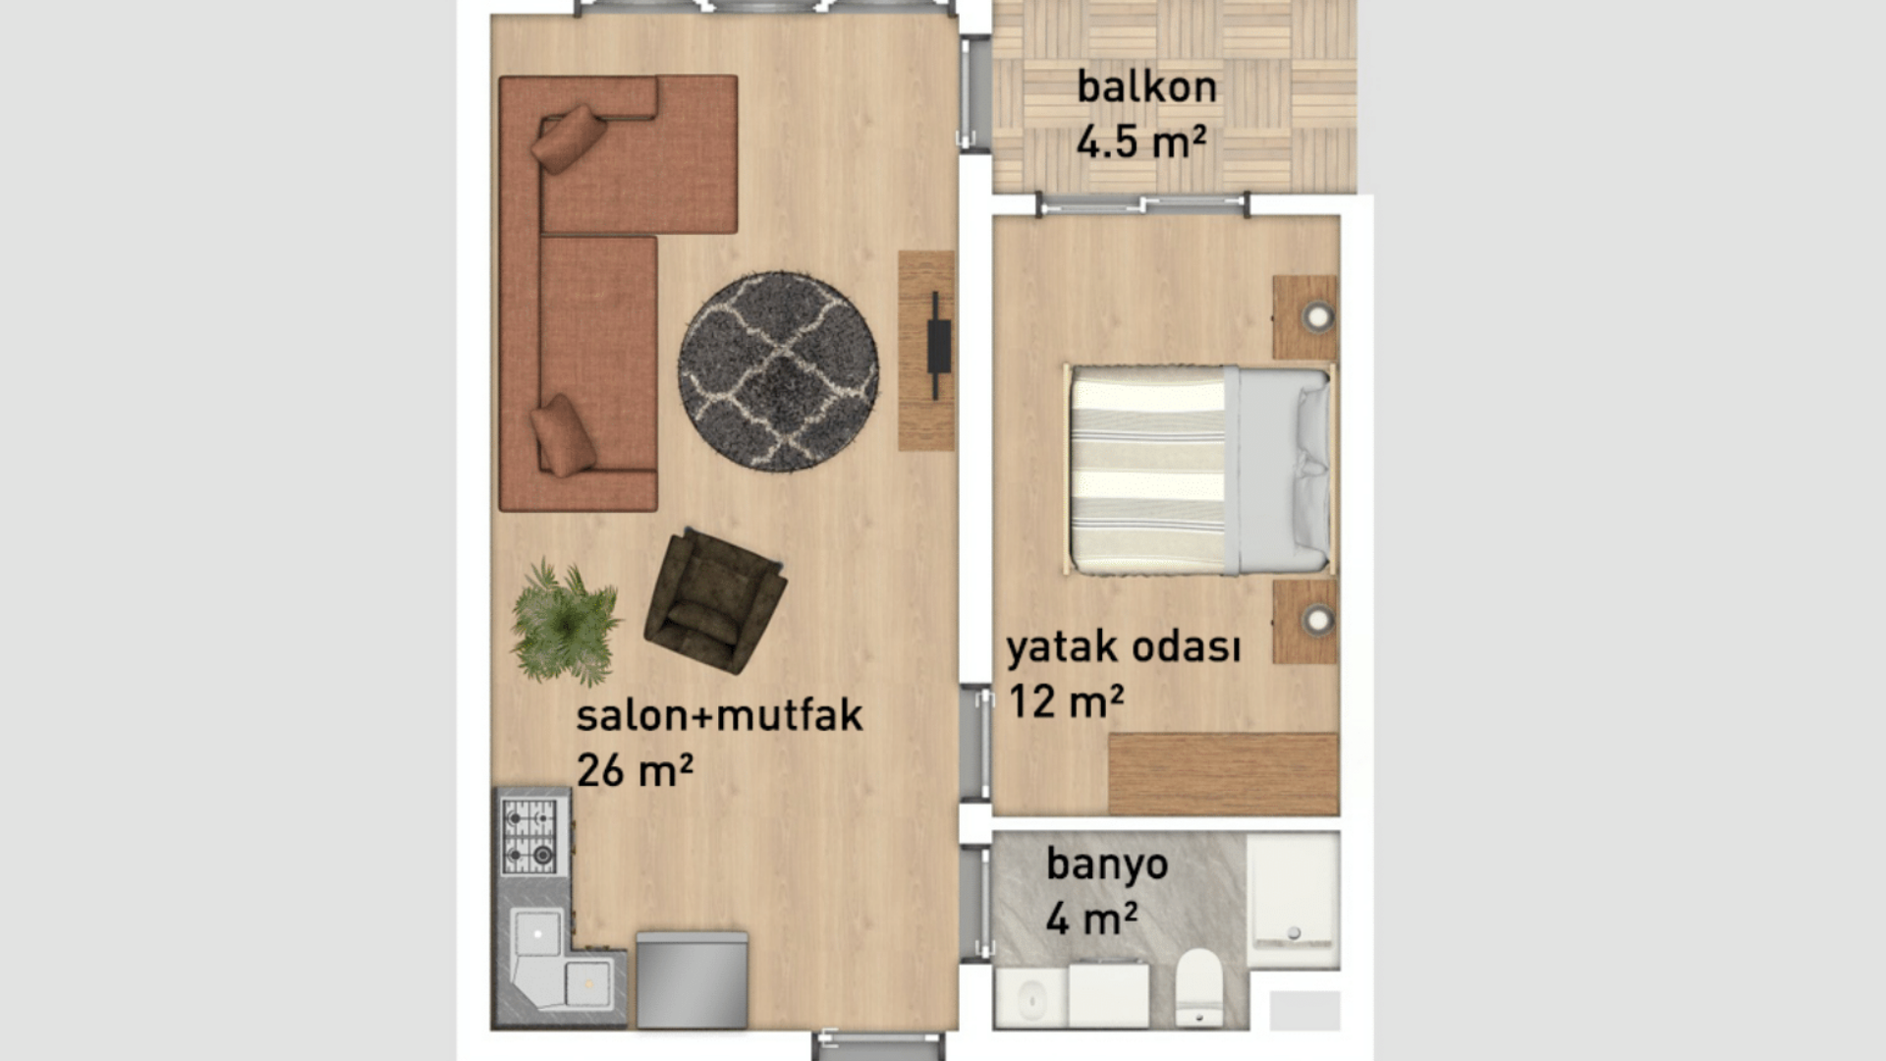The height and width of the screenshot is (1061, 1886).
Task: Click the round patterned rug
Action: click(x=778, y=372)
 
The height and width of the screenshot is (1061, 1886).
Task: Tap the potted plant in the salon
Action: click(x=565, y=622)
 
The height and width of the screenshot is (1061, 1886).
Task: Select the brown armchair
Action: click(x=714, y=600)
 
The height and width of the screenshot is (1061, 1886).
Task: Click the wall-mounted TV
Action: click(x=938, y=346)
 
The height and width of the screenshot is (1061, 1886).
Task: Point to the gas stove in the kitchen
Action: click(x=529, y=836)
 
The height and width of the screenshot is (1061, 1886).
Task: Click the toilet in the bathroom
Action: click(x=1198, y=986)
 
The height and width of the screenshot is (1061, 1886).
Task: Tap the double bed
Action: click(x=1199, y=470)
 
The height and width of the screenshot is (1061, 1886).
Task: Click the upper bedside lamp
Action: click(x=1316, y=316)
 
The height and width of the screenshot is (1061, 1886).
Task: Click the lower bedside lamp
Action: click(x=1316, y=620)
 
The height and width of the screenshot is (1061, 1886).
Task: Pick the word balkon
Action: click(x=1146, y=86)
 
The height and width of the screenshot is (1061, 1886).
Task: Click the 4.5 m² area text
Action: click(x=1140, y=141)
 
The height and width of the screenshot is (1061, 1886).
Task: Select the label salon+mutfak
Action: click(x=719, y=714)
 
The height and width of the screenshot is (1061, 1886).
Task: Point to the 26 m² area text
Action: click(x=635, y=770)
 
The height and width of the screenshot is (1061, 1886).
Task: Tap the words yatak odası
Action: click(x=1123, y=647)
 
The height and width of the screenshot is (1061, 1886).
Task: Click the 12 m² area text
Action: click(x=1066, y=701)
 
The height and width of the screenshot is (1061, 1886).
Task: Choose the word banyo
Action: click(x=1107, y=865)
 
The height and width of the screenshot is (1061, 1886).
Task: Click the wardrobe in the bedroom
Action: click(x=1224, y=774)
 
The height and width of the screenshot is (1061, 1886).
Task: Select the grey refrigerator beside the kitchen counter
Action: click(x=692, y=980)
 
